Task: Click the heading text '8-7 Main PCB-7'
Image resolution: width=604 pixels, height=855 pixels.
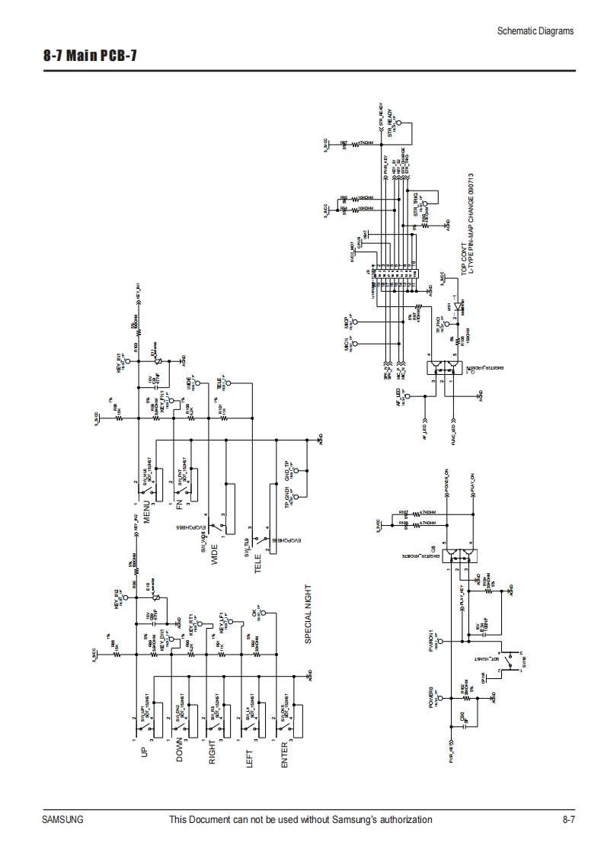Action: point(91,56)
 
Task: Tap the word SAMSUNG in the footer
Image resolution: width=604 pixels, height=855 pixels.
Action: point(62,820)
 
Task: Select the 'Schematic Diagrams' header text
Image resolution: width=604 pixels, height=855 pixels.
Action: point(535,31)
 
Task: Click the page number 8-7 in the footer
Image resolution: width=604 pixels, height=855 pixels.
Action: point(567,820)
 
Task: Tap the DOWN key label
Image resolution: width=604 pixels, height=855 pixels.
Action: point(180,751)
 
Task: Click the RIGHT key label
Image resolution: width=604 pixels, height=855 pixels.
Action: point(214,751)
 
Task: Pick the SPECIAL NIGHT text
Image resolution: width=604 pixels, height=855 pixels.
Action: point(308,613)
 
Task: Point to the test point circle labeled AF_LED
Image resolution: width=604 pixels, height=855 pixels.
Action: point(407,396)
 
